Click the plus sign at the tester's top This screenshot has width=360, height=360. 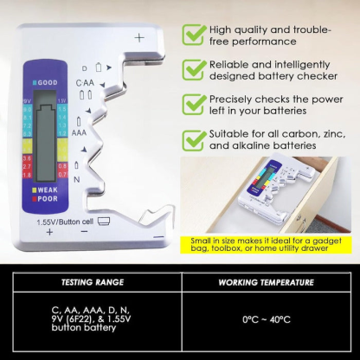139,38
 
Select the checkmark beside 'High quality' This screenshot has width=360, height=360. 192,34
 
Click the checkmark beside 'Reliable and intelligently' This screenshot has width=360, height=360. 192,68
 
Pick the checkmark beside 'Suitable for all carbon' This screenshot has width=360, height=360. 192,139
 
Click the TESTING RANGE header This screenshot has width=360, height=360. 93,282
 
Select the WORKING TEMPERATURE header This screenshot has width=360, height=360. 267,282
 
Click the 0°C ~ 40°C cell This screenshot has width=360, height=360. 267,318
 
